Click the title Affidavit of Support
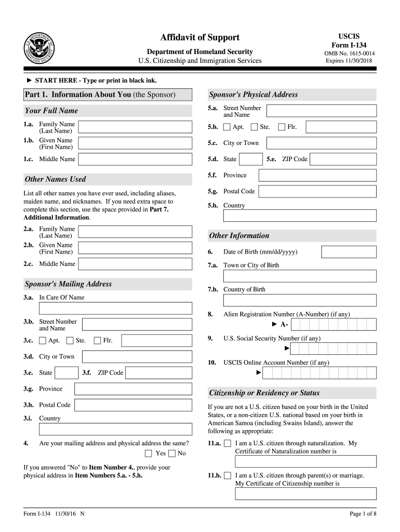click(200, 37)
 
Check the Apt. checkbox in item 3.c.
click(43, 341)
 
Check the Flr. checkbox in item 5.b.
click(282, 127)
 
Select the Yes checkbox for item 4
click(149, 454)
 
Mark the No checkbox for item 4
click(172, 454)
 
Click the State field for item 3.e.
click(66, 373)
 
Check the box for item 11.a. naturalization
click(227, 444)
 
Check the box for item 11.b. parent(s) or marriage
click(227, 475)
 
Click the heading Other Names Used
click(56, 179)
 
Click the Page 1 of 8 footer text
click(363, 514)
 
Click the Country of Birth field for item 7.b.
click(300, 300)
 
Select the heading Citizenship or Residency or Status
click(264, 393)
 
